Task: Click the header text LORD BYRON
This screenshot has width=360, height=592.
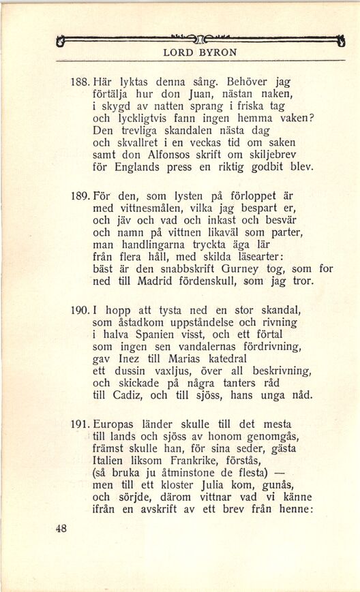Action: [200, 52]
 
